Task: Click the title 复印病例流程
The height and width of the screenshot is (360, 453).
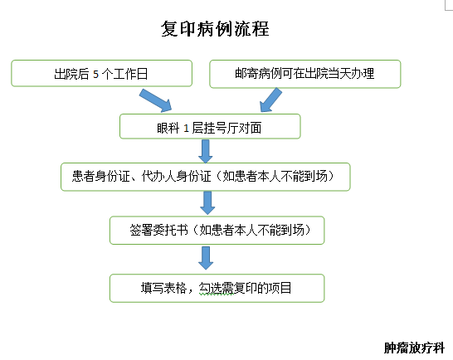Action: tap(214, 29)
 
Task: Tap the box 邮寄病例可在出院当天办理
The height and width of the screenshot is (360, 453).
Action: tap(305, 74)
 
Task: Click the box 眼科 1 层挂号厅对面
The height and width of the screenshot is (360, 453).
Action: tap(210, 126)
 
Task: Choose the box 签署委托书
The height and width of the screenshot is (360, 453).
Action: tap(217, 230)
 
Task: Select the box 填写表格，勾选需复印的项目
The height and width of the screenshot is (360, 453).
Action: tap(217, 288)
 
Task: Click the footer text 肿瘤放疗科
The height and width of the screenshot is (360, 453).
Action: tap(414, 348)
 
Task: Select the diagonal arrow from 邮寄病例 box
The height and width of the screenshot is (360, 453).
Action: tap(275, 99)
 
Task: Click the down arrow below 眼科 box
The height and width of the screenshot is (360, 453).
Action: tap(206, 150)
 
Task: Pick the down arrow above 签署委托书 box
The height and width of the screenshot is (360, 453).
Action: tap(207, 203)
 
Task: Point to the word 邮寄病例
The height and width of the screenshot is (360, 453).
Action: tap(256, 74)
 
